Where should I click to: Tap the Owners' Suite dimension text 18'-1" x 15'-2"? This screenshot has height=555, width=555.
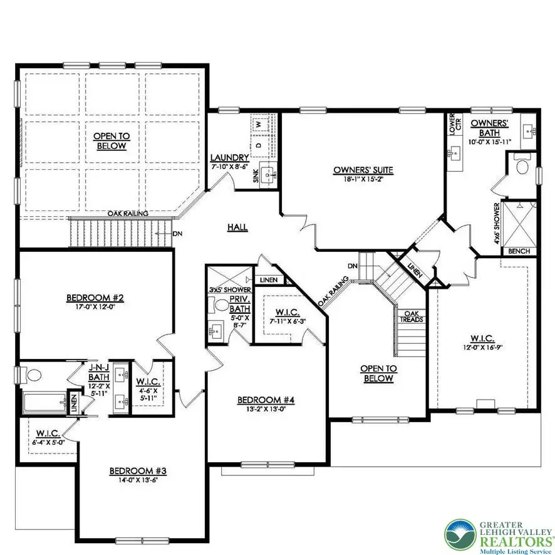(354, 179)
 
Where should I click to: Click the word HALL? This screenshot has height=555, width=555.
(238, 228)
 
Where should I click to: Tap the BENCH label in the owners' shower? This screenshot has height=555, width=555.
(519, 251)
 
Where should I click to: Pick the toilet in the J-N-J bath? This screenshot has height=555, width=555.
(33, 375)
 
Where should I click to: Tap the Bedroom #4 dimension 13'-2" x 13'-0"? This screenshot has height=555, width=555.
(266, 410)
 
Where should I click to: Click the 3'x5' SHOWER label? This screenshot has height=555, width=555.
(230, 290)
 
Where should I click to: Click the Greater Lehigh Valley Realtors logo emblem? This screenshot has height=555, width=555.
(460, 534)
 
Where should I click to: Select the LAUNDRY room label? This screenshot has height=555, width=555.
(230, 157)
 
